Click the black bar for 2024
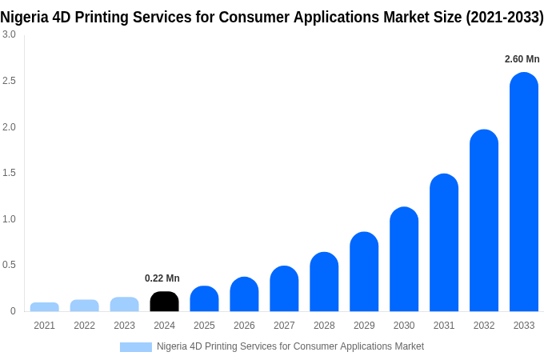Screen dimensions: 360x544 click(x=164, y=302)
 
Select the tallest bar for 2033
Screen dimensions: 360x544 click(x=524, y=192)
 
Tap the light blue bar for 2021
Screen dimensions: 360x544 click(x=45, y=307)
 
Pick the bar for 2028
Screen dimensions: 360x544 click(x=324, y=282)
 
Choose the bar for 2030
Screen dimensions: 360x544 click(x=404, y=259)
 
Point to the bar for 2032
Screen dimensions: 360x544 click(x=484, y=221)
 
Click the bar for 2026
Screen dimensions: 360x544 click(x=244, y=294)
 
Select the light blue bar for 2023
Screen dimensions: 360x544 click(x=124, y=304)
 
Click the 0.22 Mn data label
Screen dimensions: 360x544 click(x=162, y=278)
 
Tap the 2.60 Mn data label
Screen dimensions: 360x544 click(x=522, y=59)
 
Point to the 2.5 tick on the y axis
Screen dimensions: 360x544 click(x=9, y=81)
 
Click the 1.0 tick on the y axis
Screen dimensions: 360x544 click(x=9, y=219)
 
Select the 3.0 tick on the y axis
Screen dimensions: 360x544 click(x=9, y=34)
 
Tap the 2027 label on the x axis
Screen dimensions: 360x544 click(x=284, y=326)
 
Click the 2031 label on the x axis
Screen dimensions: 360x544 click(x=444, y=326)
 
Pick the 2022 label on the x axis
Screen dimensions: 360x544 click(x=84, y=326)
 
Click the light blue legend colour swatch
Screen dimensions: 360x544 click(x=135, y=347)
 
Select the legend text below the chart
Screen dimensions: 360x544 click(x=290, y=346)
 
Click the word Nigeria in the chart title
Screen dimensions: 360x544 click(x=24, y=17)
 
